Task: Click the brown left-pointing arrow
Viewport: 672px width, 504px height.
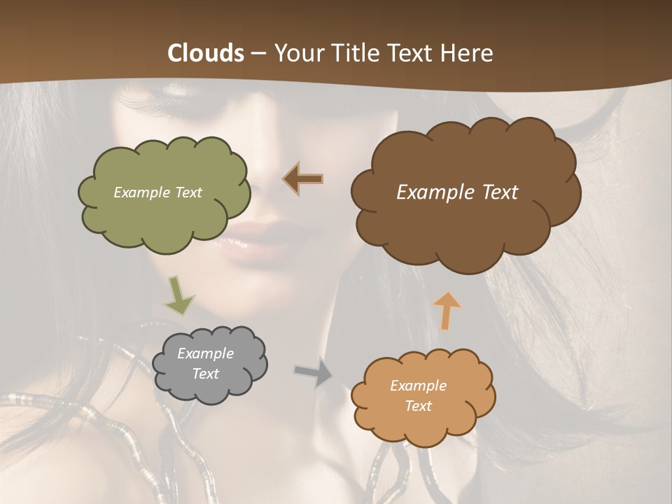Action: [303, 179]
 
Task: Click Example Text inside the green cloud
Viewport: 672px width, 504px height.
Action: [157, 192]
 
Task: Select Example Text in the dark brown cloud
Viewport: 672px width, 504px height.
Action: [457, 192]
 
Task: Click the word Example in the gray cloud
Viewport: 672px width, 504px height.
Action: [205, 353]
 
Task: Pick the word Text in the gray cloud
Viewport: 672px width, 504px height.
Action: [205, 374]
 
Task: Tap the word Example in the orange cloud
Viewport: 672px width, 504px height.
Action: [418, 386]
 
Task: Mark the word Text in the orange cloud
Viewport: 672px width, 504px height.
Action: [418, 406]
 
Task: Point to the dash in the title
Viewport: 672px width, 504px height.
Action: [258, 53]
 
